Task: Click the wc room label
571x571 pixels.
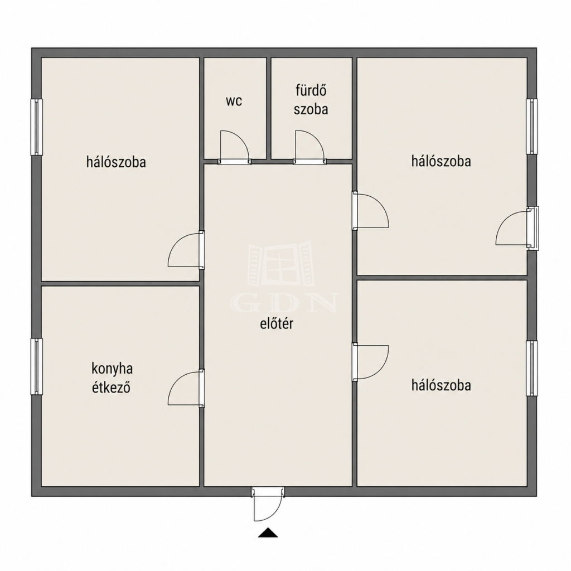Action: click(234, 101)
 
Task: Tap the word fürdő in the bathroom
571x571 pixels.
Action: click(311, 90)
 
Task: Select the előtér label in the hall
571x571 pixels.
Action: click(277, 324)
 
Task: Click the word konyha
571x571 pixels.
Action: click(112, 369)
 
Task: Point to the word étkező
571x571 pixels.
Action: click(111, 388)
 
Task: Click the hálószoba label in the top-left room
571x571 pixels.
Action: click(116, 162)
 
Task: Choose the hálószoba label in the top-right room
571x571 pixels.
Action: click(441, 161)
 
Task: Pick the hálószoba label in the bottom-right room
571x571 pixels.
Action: click(441, 385)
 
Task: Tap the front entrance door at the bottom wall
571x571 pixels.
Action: click(268, 504)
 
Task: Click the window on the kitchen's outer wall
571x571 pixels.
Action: click(36, 366)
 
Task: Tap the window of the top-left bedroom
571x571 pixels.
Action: click(36, 127)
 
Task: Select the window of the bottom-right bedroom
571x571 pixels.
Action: click(531, 369)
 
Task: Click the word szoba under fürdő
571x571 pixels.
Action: click(311, 109)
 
